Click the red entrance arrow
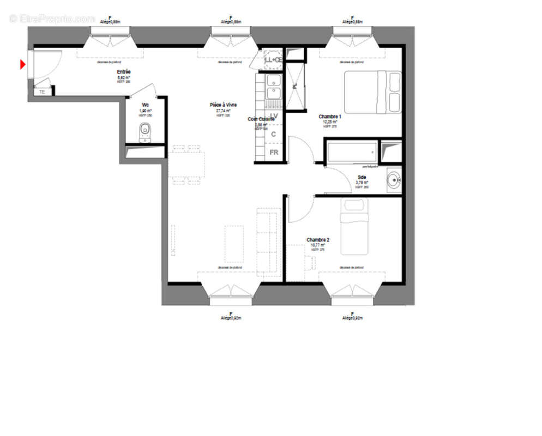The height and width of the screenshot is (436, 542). click(x=23, y=65)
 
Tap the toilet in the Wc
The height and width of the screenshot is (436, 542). click(x=144, y=130)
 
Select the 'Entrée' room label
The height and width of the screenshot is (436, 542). click(x=124, y=72)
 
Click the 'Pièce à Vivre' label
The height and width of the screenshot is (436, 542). click(x=223, y=105)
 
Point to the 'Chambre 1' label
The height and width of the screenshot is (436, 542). click(x=330, y=116)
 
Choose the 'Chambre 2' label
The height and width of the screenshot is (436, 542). click(x=318, y=239)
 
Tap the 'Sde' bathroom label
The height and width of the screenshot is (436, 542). click(x=362, y=177)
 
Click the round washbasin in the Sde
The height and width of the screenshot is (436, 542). click(x=393, y=178)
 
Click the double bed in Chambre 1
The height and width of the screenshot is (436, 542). click(x=372, y=93)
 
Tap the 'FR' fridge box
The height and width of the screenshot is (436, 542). click(x=274, y=152)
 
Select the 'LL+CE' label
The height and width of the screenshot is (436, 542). click(x=273, y=60)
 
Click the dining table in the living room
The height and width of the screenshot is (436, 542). click(x=187, y=164)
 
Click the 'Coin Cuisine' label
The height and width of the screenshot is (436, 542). click(x=261, y=119)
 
